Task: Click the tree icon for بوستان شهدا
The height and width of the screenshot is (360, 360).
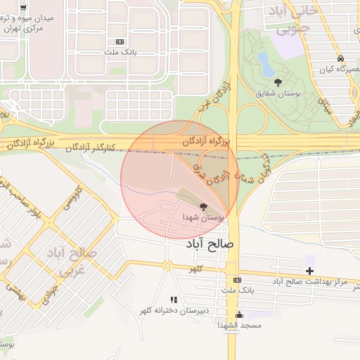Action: [x=204, y=207]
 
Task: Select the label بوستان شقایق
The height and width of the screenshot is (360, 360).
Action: [x=278, y=94]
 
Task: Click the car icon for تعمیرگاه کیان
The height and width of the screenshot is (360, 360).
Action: [x=341, y=59]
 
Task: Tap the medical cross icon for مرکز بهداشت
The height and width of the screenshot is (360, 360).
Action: [x=310, y=271]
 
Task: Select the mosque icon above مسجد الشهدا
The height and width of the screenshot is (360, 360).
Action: [x=239, y=314]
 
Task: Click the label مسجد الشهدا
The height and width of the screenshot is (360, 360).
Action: [x=239, y=326]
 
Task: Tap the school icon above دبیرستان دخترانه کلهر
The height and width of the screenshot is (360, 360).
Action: [x=173, y=300]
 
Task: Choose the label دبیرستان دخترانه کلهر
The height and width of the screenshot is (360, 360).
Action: [x=174, y=311]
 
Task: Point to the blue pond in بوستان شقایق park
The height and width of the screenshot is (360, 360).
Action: [x=266, y=64]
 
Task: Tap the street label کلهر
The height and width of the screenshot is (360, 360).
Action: [x=195, y=269]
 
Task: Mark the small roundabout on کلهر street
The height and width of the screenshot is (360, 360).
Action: [x=168, y=265]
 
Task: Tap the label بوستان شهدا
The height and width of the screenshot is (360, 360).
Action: [x=205, y=219]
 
